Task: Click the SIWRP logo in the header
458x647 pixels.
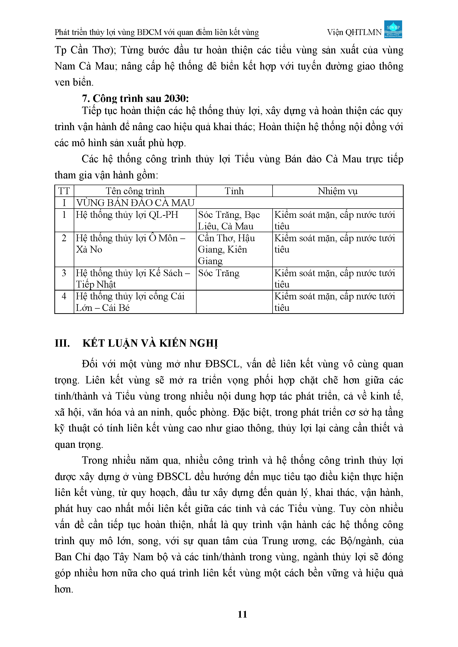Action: coord(393,29)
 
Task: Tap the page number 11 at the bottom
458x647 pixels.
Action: coord(242,614)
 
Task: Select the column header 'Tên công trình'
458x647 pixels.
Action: coord(135,191)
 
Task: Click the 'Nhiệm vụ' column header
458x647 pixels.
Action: coord(337,191)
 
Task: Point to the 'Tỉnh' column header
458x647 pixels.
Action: coord(234,191)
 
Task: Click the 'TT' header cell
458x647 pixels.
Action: coord(64,191)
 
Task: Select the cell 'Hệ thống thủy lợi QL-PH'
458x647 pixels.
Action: coord(127,215)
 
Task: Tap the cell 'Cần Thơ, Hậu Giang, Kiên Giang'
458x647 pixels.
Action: coord(226,250)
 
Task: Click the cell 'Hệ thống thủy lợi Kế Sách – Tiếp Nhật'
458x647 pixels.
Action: coord(133,278)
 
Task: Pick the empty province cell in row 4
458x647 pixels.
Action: coord(234,302)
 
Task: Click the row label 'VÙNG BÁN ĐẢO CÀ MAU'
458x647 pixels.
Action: coord(135,203)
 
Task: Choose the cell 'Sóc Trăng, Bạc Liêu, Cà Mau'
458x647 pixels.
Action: coord(228,220)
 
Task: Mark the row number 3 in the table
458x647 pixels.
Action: coord(64,273)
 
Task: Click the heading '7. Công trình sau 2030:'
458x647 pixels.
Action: coord(135,98)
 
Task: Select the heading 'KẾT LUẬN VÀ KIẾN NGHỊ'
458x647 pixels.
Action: coord(150,343)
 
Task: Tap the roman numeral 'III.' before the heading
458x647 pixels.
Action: coord(62,343)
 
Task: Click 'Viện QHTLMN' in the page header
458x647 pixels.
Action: coord(354,32)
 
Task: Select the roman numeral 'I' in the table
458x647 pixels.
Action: coord(64,203)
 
